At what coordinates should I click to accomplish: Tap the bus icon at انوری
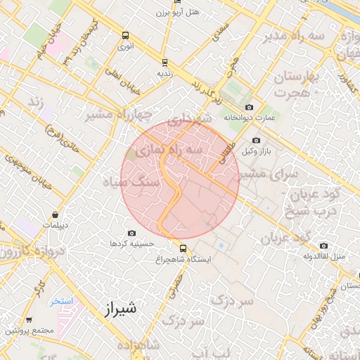coord(125,35)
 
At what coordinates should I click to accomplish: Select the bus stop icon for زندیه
coord(165,62)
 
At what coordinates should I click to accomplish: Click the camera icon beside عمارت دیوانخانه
coord(249,107)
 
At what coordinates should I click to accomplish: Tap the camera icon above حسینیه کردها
coord(131,233)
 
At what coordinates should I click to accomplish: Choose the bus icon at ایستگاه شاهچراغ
coord(184,248)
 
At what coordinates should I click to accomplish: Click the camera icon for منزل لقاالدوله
coord(323,245)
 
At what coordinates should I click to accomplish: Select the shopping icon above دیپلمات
coord(55,214)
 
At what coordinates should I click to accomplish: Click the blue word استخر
coord(61,301)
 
